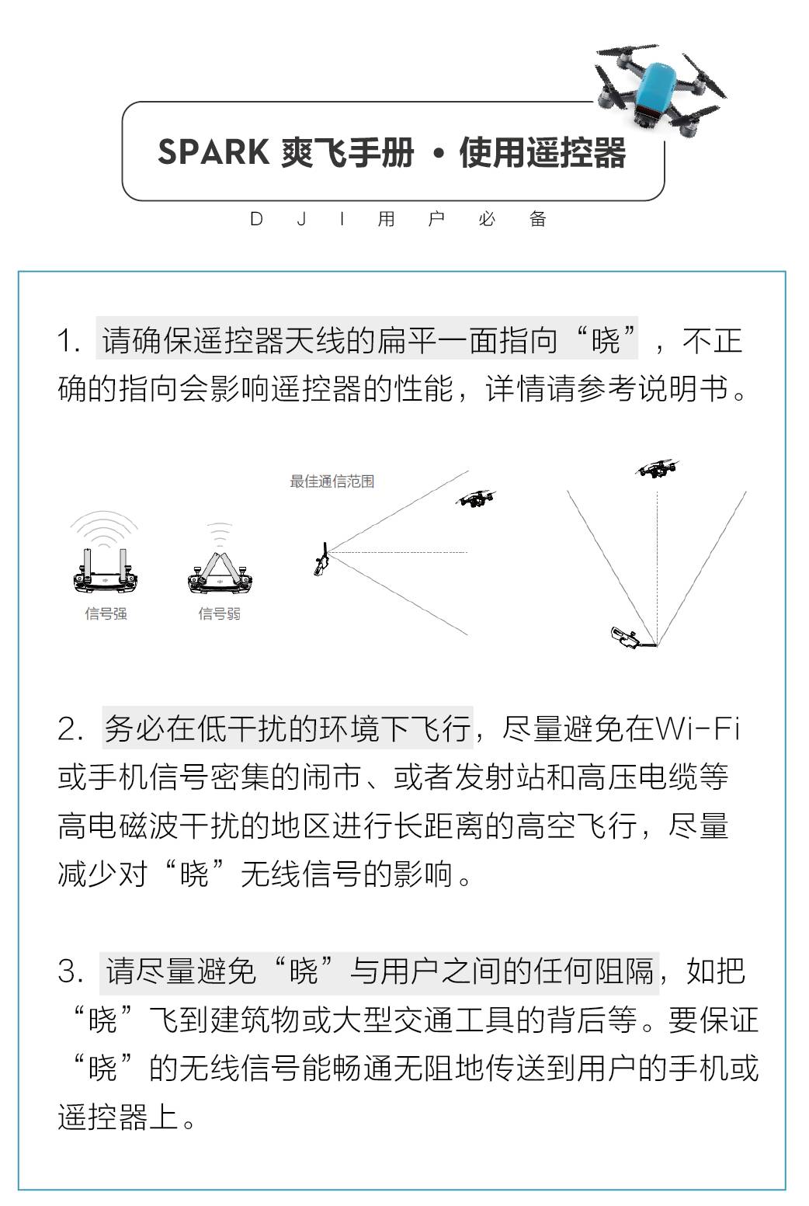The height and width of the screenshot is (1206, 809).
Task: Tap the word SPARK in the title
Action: click(x=214, y=152)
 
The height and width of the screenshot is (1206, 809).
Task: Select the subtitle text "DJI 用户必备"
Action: click(x=398, y=220)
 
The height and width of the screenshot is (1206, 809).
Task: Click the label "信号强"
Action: click(x=106, y=613)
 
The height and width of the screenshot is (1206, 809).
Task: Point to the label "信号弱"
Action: click(x=219, y=613)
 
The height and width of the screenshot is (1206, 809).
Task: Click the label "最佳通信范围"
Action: click(x=332, y=481)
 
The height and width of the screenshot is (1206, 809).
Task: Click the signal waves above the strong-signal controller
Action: click(x=105, y=528)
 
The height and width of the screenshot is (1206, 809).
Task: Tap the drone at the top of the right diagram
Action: click(x=656, y=468)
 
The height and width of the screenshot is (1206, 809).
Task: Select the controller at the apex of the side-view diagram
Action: click(x=321, y=559)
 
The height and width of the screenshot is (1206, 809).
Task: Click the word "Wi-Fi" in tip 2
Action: click(x=697, y=729)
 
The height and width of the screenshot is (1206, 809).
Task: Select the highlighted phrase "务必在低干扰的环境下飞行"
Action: click(x=287, y=729)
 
